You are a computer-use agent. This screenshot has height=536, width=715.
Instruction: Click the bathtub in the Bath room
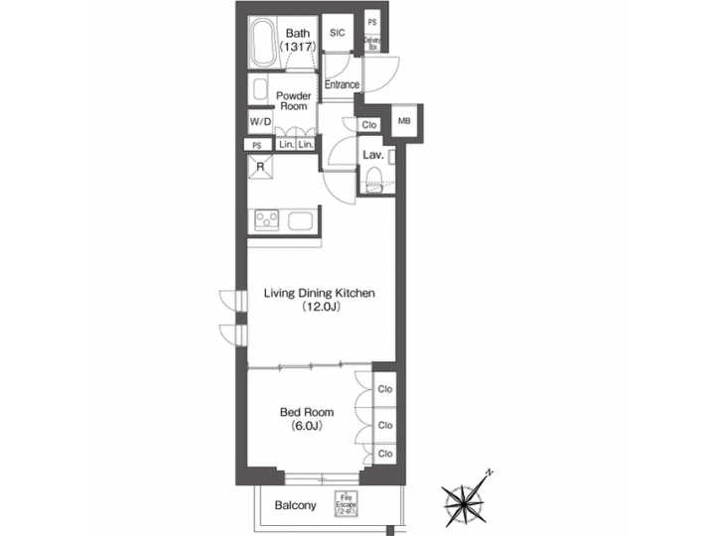click(x=262, y=44)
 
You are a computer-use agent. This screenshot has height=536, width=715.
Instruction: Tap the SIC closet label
click(x=337, y=33)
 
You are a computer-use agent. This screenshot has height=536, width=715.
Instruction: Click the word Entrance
click(x=342, y=84)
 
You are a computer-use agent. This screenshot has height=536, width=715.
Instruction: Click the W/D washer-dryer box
click(x=260, y=121)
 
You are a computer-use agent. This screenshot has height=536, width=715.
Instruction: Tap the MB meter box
click(x=404, y=121)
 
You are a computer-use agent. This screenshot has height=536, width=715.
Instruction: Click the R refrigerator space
click(x=260, y=167)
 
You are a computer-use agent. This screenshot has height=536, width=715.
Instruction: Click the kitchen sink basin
click(x=301, y=219)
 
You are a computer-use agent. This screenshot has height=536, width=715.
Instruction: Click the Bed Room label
click(x=306, y=412)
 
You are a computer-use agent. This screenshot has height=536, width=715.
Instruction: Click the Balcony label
click(x=296, y=505)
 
